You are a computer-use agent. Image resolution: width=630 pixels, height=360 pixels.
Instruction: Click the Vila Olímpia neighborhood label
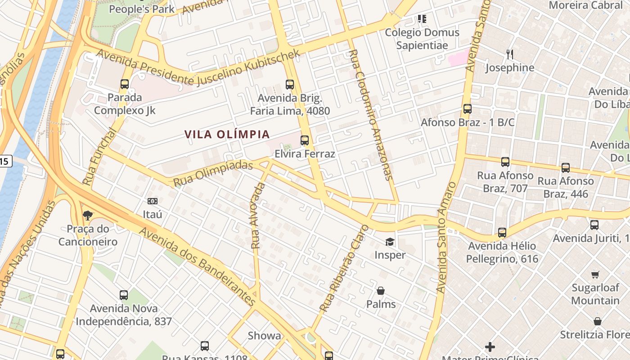(227, 134)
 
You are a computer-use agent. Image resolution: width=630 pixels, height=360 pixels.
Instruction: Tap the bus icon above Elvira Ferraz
(305, 140)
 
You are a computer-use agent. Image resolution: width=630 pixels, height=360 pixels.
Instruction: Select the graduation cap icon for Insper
(390, 242)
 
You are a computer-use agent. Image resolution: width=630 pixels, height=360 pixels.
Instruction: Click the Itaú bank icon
(153, 201)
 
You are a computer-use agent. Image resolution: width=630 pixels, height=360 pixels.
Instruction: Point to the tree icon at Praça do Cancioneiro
(88, 216)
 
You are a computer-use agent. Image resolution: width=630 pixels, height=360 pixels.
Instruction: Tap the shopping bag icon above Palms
(381, 291)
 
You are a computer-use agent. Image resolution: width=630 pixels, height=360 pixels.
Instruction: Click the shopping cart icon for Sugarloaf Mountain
(595, 274)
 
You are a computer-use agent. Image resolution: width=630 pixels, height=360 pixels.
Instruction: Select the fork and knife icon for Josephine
(510, 54)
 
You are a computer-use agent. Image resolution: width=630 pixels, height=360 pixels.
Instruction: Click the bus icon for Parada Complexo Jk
(125, 84)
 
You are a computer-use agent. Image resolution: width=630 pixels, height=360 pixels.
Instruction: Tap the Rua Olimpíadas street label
(213, 173)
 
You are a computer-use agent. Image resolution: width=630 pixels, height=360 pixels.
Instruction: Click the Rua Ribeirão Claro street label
(344, 269)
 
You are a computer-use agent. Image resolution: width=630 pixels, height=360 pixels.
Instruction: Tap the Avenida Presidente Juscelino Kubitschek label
(198, 68)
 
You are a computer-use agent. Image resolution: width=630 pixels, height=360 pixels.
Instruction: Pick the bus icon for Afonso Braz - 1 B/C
(468, 109)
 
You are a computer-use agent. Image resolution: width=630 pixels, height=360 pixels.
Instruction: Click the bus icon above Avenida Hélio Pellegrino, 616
(502, 233)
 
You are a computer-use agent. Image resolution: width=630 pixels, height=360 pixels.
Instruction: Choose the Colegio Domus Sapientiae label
(422, 39)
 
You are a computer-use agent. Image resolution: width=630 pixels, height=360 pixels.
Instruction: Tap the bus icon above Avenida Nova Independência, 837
(124, 295)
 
